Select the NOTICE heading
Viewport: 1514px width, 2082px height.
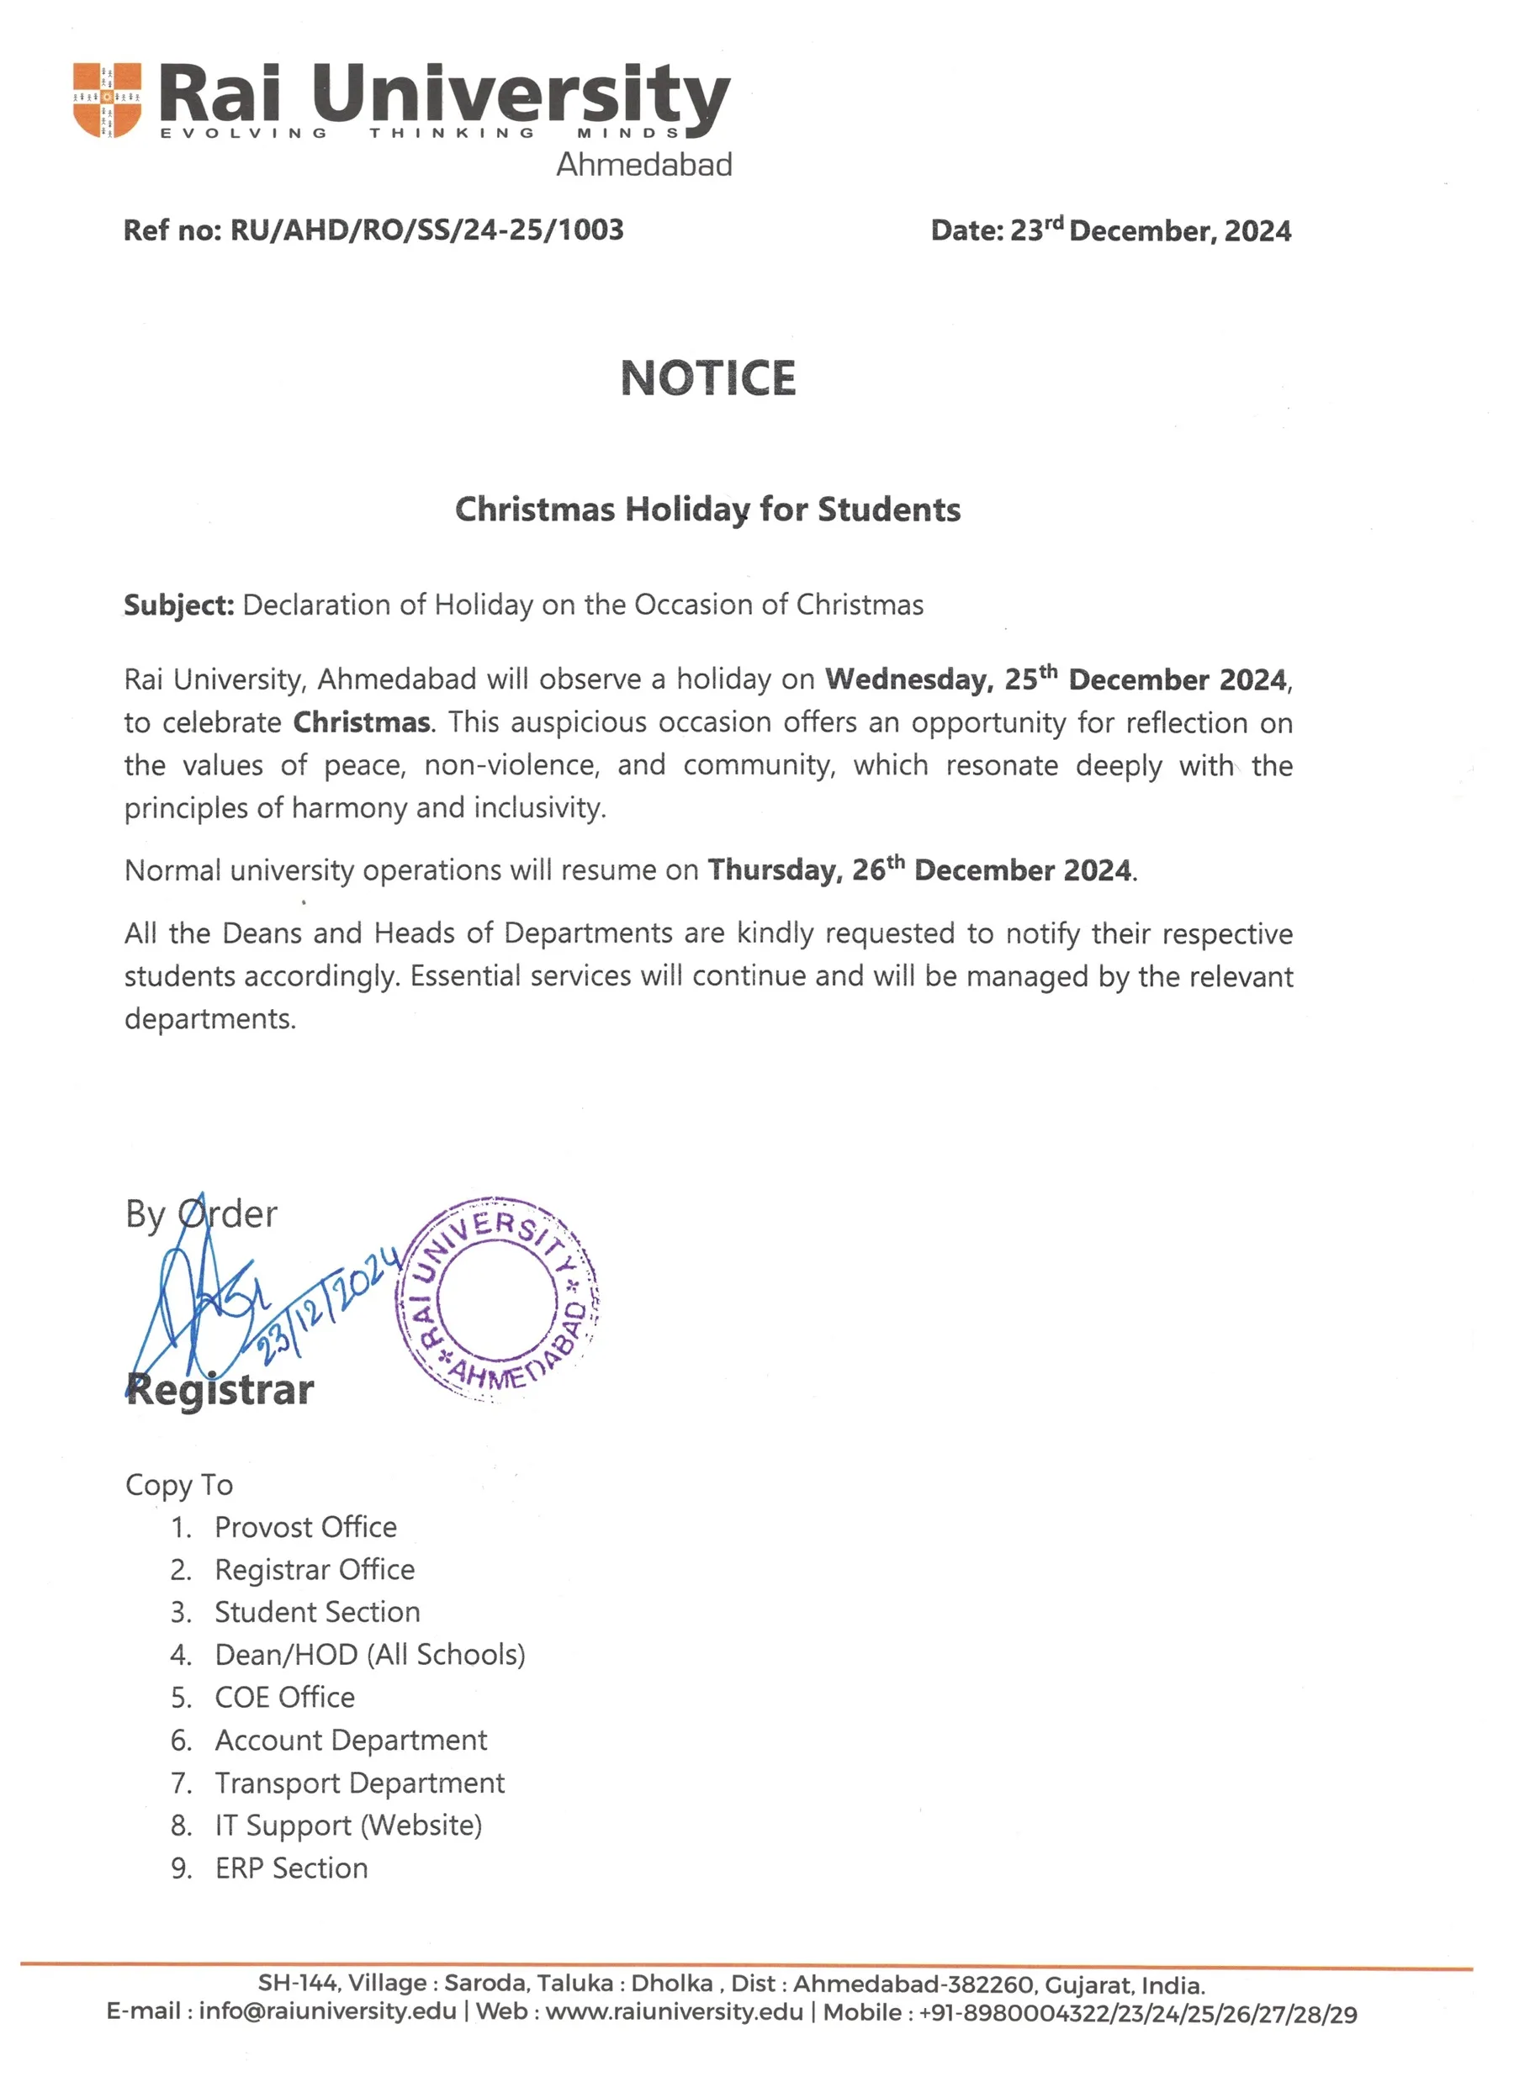pos(708,378)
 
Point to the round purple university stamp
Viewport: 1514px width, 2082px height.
pos(498,1298)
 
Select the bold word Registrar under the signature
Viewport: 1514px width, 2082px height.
pos(220,1390)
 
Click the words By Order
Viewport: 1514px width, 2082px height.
pos(201,1214)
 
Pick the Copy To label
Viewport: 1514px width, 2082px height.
pos(179,1484)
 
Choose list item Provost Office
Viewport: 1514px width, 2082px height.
pos(305,1527)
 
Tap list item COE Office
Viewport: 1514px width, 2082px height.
pos(284,1698)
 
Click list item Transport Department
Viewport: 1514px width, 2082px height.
pos(359,1783)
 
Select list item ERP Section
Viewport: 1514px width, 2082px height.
pos(291,1868)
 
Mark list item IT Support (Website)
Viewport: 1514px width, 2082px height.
pos(348,1825)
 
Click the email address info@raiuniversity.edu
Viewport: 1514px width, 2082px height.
pos(327,2011)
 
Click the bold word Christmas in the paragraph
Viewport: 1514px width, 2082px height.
pos(362,722)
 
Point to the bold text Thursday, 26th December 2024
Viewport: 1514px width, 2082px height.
pos(919,869)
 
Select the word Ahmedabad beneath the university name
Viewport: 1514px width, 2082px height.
pos(643,166)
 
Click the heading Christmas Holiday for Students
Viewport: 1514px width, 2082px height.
pos(708,510)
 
